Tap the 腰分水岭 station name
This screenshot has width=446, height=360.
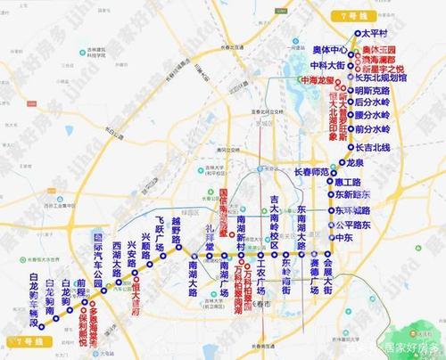[x=390, y=117]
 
